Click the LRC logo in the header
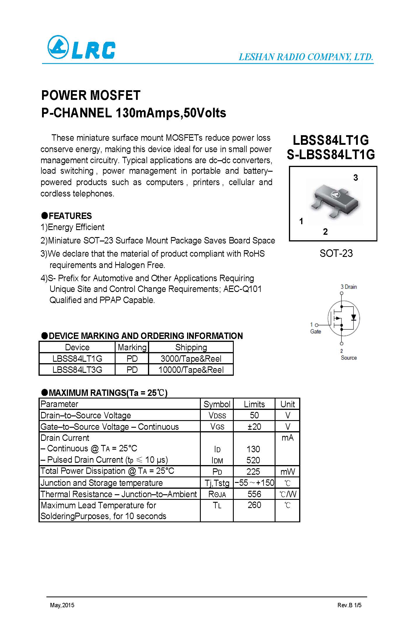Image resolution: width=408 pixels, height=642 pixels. [x=81, y=47]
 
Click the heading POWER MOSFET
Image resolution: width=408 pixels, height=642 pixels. [x=91, y=95]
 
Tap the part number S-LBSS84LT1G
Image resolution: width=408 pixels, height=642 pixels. [x=331, y=155]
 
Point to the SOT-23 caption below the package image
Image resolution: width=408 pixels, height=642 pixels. [x=336, y=253]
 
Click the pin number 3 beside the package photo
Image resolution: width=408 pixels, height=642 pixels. [x=355, y=178]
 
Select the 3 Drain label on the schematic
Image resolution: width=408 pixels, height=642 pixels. [x=348, y=287]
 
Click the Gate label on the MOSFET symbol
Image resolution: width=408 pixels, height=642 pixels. [x=315, y=332]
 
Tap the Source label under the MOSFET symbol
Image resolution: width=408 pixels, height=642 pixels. [x=348, y=358]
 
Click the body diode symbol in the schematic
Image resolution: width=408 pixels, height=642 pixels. [x=354, y=317]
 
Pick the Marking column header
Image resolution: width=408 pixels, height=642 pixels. [x=132, y=347]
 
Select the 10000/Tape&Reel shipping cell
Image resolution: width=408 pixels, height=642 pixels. [x=191, y=370]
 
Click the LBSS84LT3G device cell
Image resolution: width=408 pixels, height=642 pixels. [x=77, y=370]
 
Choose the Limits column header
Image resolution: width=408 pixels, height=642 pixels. [x=254, y=404]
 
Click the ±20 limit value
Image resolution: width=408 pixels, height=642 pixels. [x=254, y=427]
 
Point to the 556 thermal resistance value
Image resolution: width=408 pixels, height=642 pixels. [x=254, y=494]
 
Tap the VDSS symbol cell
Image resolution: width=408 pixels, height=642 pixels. [x=217, y=415]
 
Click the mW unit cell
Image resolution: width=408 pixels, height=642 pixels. [x=287, y=472]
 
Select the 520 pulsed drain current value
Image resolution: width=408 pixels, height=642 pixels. [x=253, y=460]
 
